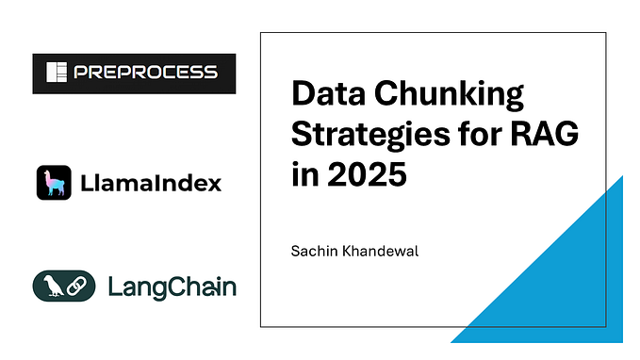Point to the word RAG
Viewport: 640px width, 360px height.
(x=546, y=137)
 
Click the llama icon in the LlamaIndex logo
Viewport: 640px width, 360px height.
(x=54, y=182)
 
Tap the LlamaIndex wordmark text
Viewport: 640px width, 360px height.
(x=150, y=183)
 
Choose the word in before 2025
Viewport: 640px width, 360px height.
(x=304, y=176)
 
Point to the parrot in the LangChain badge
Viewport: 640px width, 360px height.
(x=48, y=286)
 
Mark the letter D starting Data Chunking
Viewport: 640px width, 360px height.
(x=304, y=97)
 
